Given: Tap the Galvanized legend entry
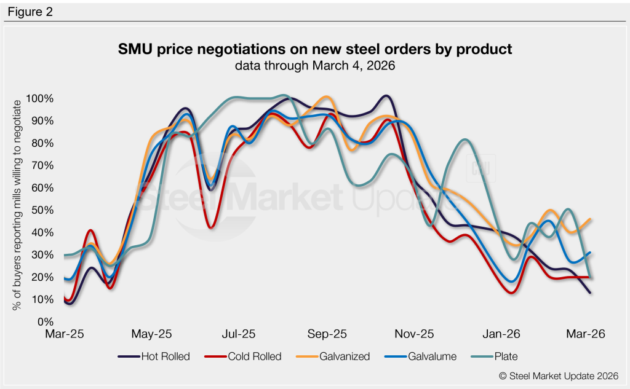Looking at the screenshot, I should tap(338, 356).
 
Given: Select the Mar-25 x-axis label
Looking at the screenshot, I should tap(65, 335).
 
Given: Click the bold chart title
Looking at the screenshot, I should tap(314, 49).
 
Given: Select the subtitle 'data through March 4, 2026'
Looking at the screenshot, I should tap(314, 66).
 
